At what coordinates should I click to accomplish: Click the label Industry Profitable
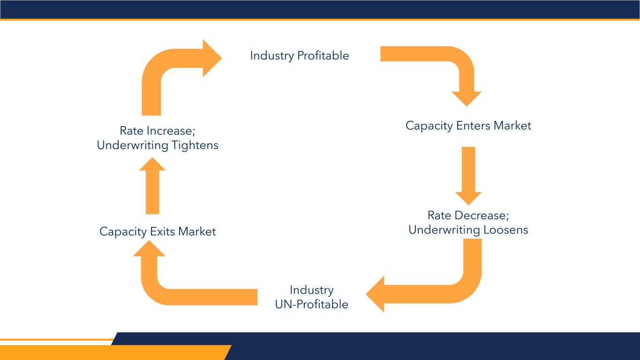tap(299, 56)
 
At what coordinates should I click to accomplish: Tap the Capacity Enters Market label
tap(468, 126)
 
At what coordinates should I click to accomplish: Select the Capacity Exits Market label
tap(158, 232)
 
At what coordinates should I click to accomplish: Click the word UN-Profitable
tap(311, 304)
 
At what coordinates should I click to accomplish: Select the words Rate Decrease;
tap(468, 216)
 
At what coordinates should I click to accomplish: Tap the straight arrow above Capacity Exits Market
tap(152, 187)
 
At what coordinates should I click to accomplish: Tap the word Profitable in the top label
tap(323, 56)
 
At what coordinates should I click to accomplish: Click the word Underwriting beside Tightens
tap(132, 145)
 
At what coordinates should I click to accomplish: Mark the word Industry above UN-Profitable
tap(311, 290)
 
